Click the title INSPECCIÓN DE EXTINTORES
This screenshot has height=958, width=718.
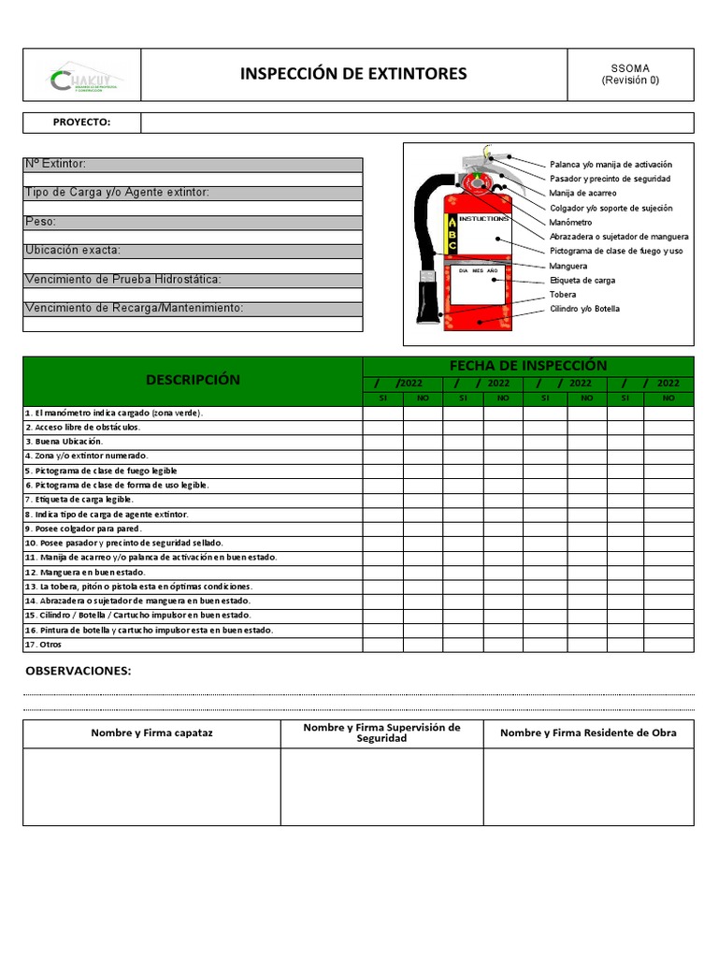point(353,74)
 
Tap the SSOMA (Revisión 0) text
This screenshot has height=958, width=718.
point(630,74)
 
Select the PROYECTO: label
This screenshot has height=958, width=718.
point(81,123)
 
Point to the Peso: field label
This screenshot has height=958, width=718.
point(41,222)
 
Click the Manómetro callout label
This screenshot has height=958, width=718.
point(571,223)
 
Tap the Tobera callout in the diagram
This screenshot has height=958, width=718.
point(563,295)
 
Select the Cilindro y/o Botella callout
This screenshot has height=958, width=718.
point(584,309)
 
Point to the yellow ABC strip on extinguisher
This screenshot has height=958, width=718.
point(452,234)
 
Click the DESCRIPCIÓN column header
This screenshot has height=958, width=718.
point(193,380)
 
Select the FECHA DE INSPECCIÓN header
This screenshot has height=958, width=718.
point(528,366)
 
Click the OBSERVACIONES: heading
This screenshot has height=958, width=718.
point(79,671)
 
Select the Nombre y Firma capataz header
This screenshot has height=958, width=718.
point(151,733)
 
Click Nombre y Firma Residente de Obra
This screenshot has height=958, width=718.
point(588,733)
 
